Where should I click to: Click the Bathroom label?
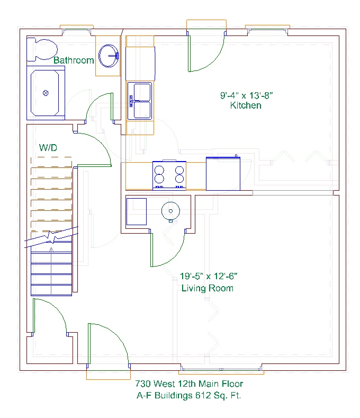click(x=74, y=60)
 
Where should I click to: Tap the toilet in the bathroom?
click(x=42, y=50)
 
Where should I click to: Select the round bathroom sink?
click(x=109, y=56)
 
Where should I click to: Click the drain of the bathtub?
click(x=46, y=93)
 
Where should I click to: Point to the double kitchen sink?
click(x=140, y=101)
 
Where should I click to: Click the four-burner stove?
click(x=169, y=175)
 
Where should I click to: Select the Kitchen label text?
click(x=246, y=105)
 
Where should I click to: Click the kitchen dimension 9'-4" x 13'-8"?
click(x=247, y=95)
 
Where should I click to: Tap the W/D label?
click(x=48, y=147)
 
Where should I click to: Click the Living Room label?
click(x=208, y=288)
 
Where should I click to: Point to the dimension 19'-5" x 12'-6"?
click(x=209, y=276)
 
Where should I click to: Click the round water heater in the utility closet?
click(x=170, y=211)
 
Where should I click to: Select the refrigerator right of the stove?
click(x=223, y=173)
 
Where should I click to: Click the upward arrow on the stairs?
click(x=51, y=271)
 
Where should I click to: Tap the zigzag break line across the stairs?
click(x=51, y=237)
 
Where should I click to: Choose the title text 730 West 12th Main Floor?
click(x=189, y=384)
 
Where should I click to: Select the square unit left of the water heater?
click(x=137, y=212)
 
